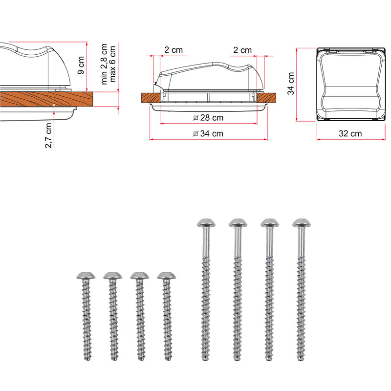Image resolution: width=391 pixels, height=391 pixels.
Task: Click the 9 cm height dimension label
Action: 81,65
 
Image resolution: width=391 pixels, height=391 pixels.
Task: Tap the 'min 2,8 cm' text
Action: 104,64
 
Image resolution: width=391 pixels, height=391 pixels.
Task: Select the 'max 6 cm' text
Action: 112,64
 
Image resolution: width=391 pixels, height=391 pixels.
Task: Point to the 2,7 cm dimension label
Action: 48,136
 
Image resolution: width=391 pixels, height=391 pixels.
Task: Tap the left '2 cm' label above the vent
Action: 174,50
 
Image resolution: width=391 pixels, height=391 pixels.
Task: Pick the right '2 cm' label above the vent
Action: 242,50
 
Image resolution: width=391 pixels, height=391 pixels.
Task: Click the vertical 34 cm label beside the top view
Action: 291,84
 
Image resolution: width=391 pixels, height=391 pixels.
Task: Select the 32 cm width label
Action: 350,133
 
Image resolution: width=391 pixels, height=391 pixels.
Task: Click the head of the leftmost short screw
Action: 86,275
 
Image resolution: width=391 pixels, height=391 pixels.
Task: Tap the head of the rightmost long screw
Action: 302,223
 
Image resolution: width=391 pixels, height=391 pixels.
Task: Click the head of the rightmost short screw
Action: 166,275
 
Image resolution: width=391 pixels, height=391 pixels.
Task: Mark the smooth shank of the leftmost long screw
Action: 206,242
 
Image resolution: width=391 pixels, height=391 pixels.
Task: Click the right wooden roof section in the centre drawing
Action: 266,98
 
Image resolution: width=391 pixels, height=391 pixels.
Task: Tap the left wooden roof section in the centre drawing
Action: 151,98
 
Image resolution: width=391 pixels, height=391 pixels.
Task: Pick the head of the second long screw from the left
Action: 238,223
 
